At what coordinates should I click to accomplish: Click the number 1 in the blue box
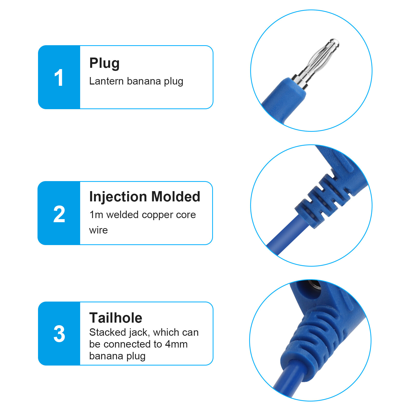pyautogui.click(x=59, y=78)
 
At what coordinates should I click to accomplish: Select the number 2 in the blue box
pyautogui.click(x=59, y=214)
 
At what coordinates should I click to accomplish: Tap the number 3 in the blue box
pyautogui.click(x=59, y=334)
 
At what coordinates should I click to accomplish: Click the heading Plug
pyautogui.click(x=104, y=63)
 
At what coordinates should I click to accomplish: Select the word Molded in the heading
pyautogui.click(x=176, y=197)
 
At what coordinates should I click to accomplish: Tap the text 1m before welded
pyautogui.click(x=96, y=215)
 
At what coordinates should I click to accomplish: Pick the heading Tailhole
pyautogui.click(x=116, y=318)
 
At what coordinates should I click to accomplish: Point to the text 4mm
pyautogui.click(x=176, y=344)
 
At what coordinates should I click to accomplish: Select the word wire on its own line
pyautogui.click(x=98, y=230)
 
